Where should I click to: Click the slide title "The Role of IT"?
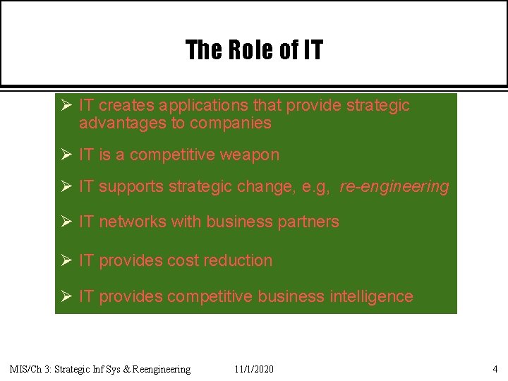254,50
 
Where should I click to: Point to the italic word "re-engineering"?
394,187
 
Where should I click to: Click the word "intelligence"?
371,296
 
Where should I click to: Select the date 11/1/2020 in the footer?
254,369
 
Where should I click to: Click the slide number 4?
495,369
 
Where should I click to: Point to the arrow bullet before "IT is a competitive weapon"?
64,155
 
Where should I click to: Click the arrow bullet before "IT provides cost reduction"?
64,260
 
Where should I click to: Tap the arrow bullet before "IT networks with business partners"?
64,222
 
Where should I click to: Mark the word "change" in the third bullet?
262,187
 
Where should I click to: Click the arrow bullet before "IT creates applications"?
64,106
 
